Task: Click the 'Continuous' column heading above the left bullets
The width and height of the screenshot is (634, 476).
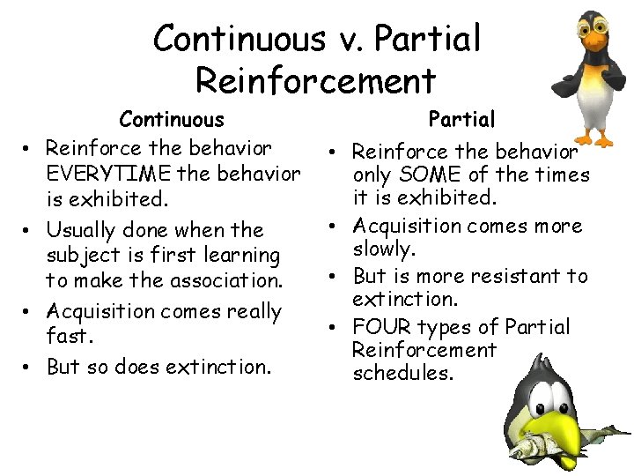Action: click(172, 119)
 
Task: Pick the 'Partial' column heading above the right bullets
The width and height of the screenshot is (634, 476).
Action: click(461, 119)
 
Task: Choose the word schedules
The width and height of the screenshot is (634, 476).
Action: click(402, 373)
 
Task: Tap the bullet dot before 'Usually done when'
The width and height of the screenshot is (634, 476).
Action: click(28, 232)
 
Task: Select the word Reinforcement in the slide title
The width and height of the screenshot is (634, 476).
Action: click(316, 80)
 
